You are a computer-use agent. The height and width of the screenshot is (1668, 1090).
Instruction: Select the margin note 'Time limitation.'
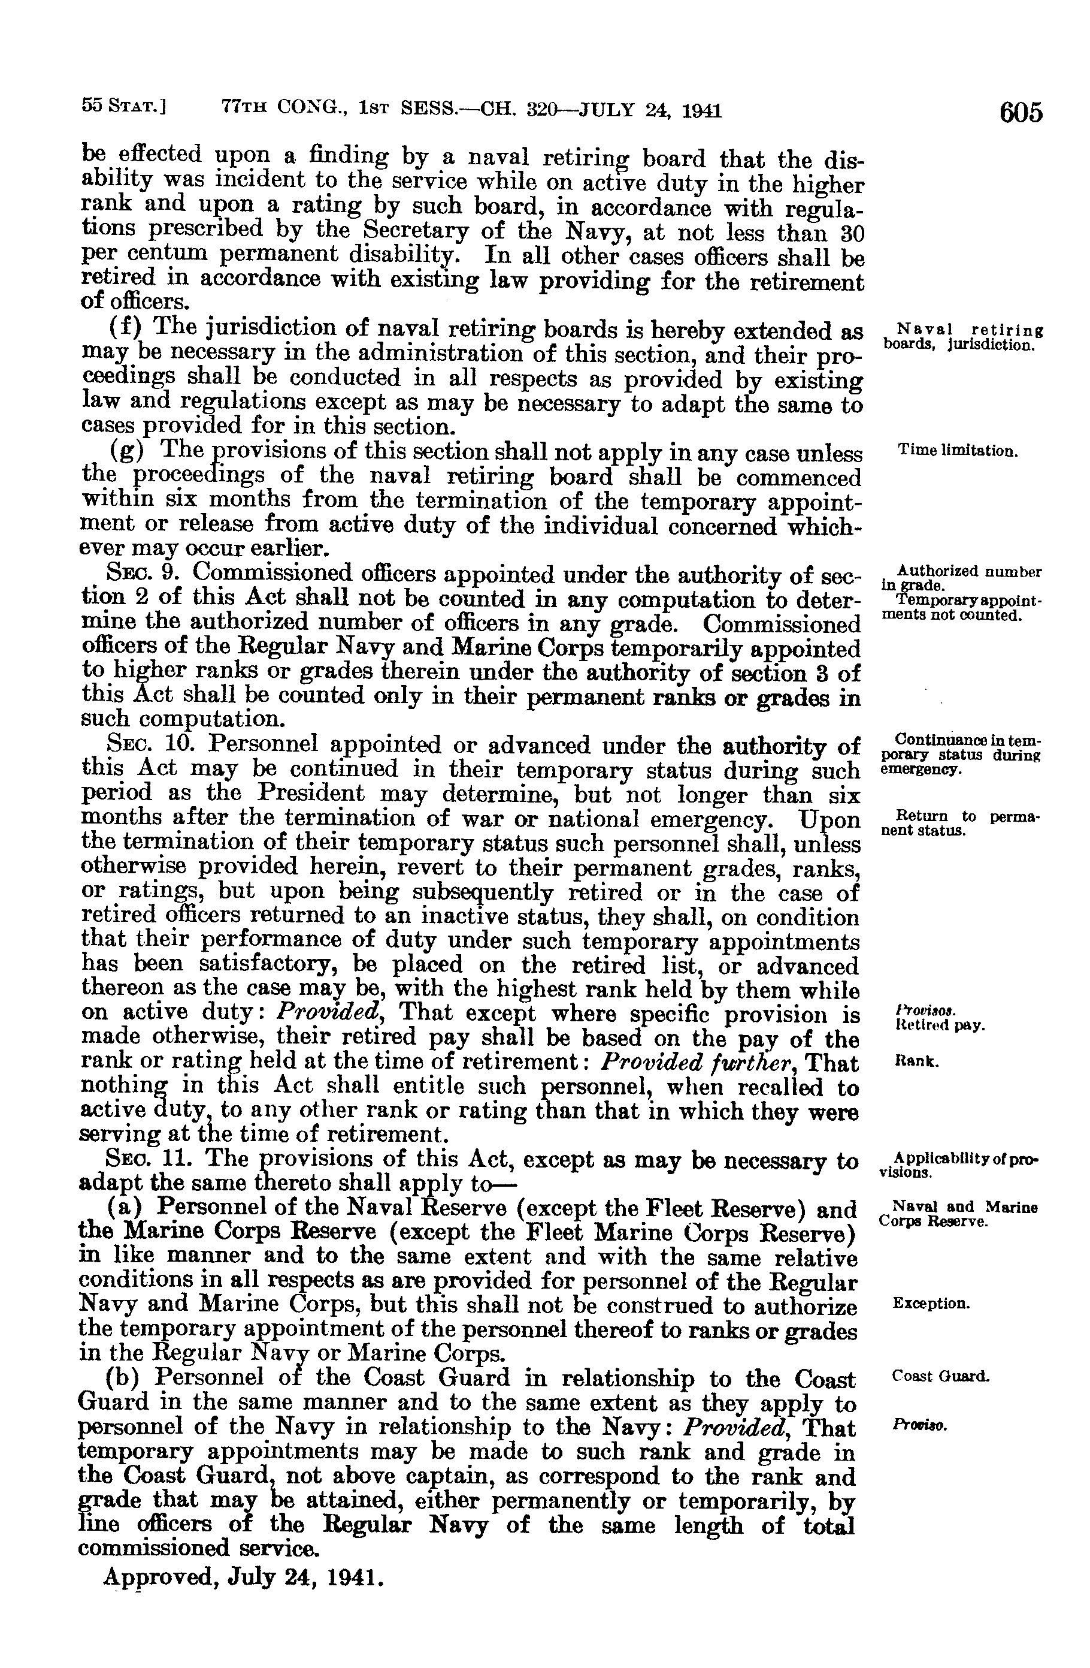[957, 451]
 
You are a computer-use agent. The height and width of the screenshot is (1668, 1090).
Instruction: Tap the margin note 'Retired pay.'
[940, 1025]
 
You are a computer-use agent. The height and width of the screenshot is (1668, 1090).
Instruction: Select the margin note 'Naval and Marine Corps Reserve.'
[958, 1214]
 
